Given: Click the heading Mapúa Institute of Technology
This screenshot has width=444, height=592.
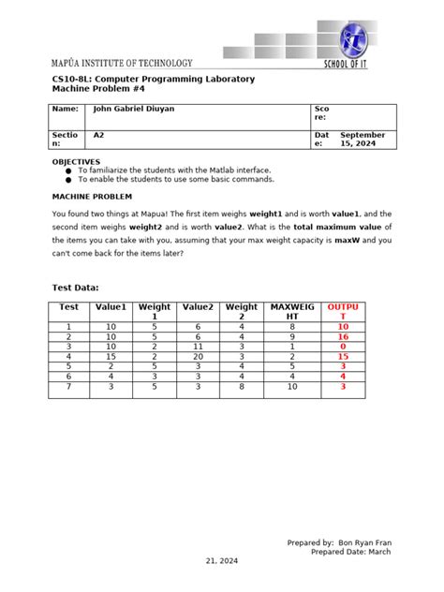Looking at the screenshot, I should [122, 62].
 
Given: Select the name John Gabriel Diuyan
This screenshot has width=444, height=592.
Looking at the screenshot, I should [133, 109].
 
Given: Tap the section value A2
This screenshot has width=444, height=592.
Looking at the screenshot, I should [98, 135].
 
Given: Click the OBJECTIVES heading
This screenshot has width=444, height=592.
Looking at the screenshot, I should [75, 161].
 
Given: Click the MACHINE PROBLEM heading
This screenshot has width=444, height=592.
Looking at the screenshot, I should [91, 197].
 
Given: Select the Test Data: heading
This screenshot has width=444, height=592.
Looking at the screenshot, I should [74, 288].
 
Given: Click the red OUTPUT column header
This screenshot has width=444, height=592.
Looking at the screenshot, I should [336, 312].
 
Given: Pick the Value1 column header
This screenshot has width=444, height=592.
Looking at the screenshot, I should [111, 306].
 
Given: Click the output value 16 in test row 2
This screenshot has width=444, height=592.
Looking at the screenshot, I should [343, 335].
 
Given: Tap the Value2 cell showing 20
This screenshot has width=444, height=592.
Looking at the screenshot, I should [198, 356].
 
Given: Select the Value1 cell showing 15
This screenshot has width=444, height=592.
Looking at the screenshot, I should [111, 356].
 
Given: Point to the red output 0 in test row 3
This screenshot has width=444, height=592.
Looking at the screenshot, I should [343, 346].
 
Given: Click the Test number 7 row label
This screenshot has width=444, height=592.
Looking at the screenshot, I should [68, 386].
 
